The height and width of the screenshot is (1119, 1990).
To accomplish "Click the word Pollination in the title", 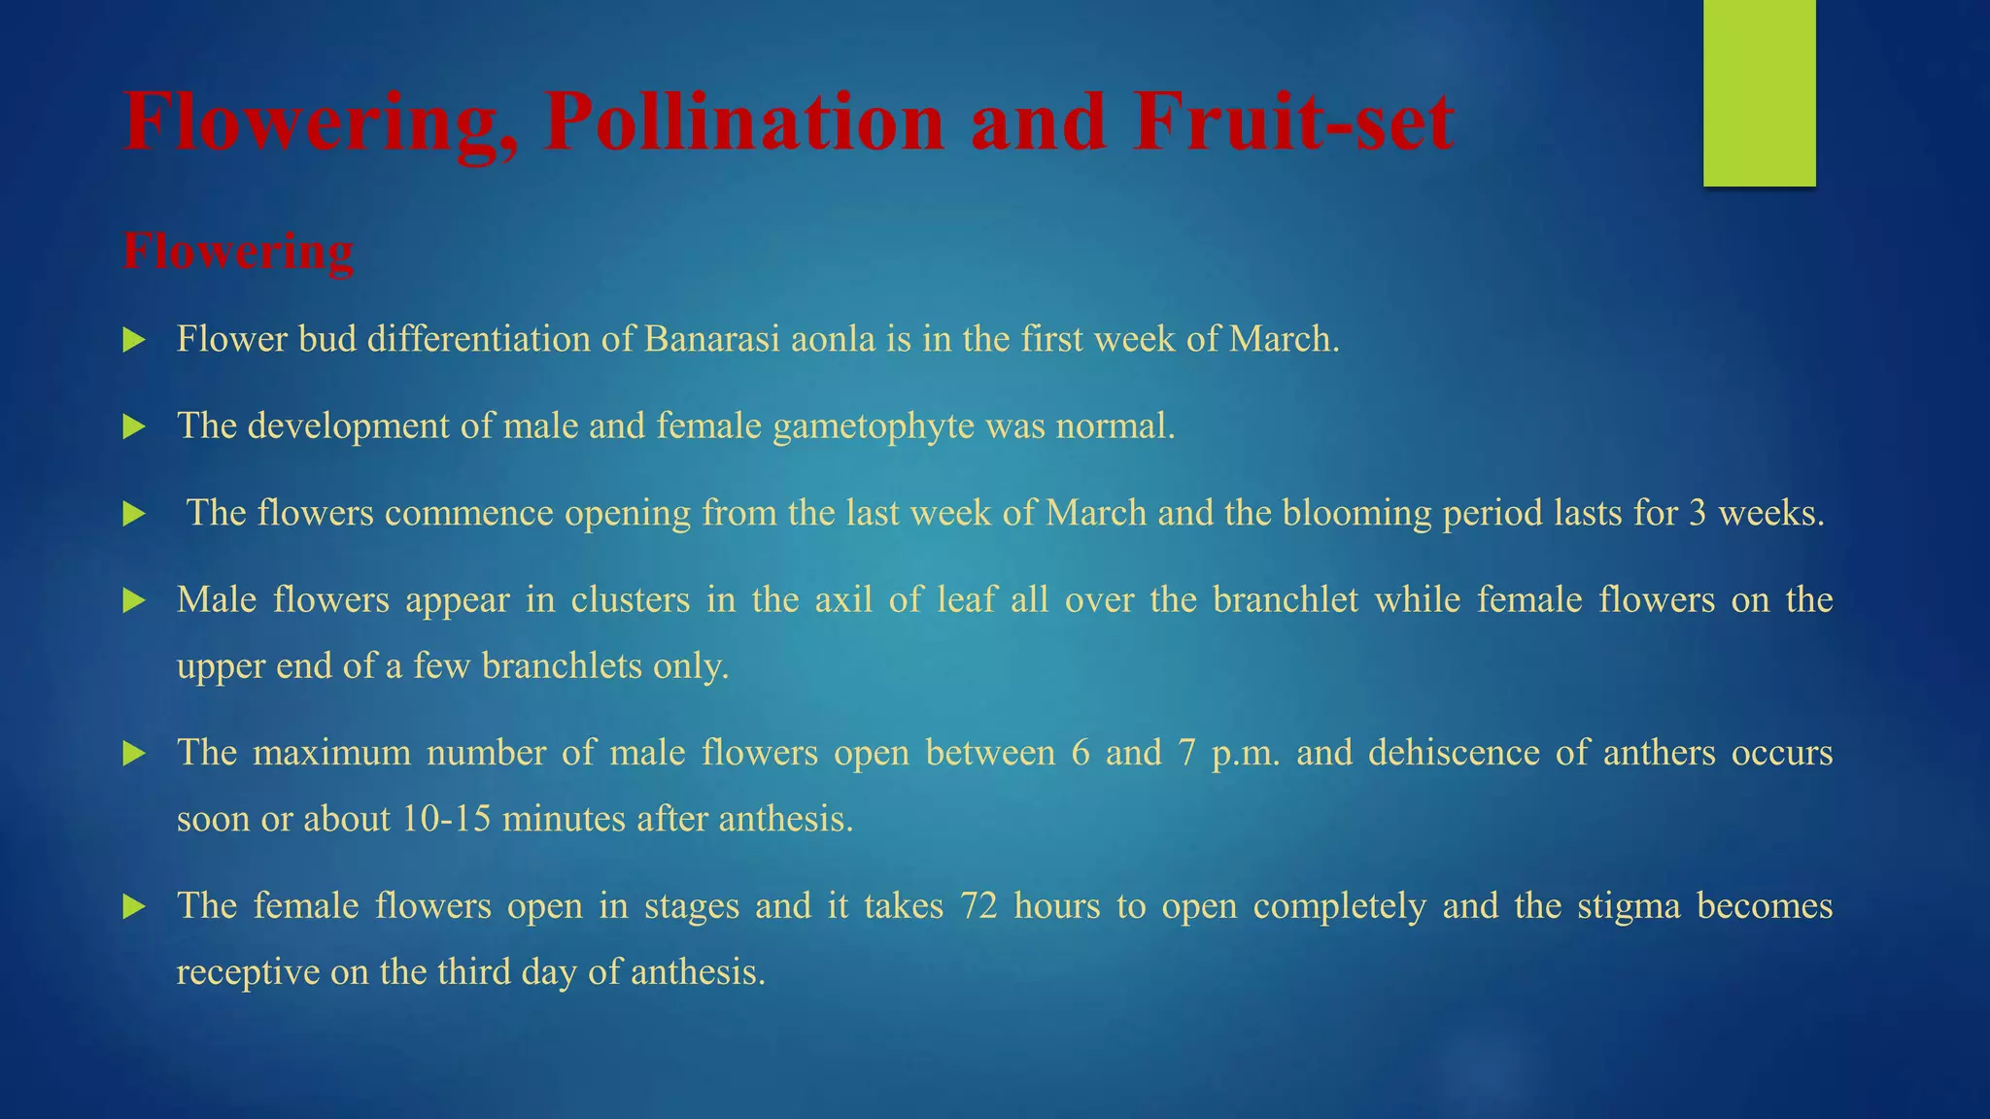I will pyautogui.click(x=743, y=122).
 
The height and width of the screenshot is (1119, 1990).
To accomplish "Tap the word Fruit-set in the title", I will pyautogui.click(x=1292, y=122).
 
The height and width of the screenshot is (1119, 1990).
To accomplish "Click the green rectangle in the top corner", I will pyautogui.click(x=1759, y=92).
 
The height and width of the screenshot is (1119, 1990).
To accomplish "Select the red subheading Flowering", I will pyautogui.click(x=238, y=252).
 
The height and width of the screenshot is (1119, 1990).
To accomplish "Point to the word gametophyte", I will pyautogui.click(x=874, y=426).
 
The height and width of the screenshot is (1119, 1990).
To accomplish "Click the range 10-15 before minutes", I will pyautogui.click(x=446, y=819).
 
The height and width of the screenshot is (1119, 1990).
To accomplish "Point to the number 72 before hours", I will pyautogui.click(x=978, y=905).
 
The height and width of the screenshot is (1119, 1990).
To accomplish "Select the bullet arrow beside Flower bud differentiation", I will pyautogui.click(x=134, y=340).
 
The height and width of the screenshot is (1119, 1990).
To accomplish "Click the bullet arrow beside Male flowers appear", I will pyautogui.click(x=134, y=601).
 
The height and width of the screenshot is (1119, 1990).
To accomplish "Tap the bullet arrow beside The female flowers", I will pyautogui.click(x=134, y=907).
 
